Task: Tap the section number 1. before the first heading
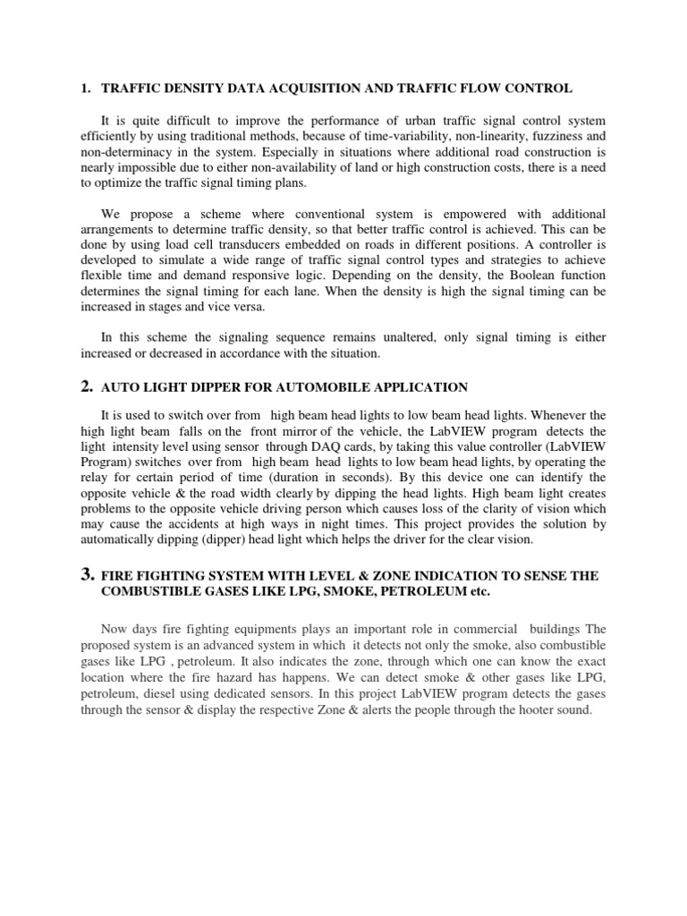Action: tap(86, 89)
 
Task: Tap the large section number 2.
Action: tap(87, 386)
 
